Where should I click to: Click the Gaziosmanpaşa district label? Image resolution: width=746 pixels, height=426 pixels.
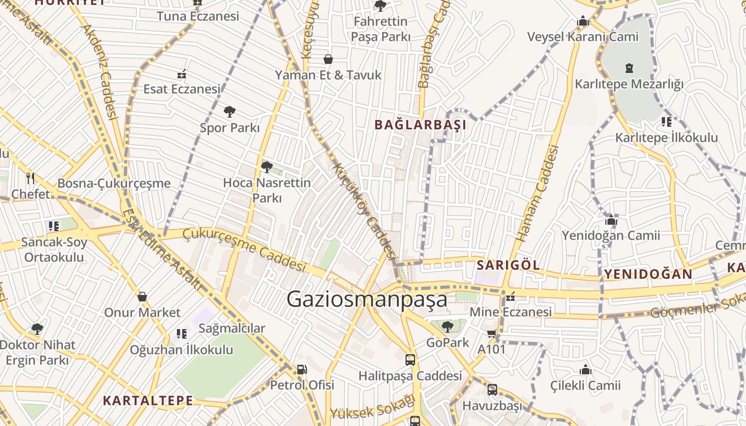367,300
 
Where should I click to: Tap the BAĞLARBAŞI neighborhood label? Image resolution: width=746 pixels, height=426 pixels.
420,125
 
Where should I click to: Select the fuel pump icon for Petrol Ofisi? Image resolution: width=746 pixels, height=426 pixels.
302,369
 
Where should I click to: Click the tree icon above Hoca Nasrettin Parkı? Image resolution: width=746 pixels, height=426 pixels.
266,167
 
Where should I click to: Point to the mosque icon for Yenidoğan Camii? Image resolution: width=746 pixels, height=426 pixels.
611,220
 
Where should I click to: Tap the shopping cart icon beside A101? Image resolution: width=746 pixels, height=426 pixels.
491,334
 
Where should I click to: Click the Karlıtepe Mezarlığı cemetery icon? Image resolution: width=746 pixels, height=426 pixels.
629,68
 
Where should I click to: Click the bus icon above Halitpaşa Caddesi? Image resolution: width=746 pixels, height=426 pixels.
410,360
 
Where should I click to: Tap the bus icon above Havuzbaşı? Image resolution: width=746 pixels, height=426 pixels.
492,390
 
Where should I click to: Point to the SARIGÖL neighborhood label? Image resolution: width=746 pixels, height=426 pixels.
508,265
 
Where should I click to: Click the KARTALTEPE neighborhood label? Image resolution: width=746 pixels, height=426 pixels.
148,400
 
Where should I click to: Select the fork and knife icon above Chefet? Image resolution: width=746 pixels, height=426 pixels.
30,178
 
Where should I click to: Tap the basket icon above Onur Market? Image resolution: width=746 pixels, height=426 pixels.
142,297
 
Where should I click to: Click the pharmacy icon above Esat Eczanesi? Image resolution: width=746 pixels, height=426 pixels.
181,73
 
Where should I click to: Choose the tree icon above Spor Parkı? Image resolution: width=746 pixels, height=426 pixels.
229,112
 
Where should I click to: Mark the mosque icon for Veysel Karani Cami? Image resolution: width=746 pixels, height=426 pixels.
582,21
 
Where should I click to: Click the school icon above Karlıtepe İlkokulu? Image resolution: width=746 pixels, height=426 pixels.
666,122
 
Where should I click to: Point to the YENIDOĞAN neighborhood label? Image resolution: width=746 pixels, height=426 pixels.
648,274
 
